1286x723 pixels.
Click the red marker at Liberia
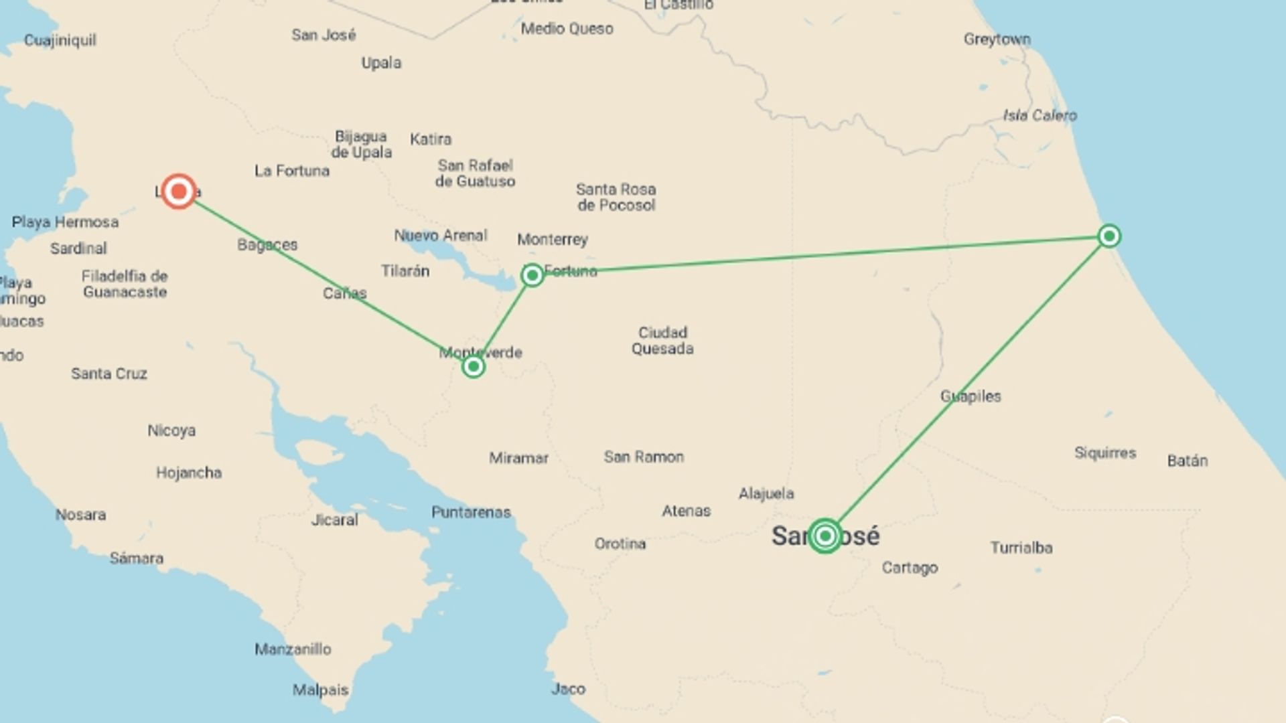click(179, 192)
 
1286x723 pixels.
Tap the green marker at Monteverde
click(474, 366)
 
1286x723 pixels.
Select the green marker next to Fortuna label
click(532, 275)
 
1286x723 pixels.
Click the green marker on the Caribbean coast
click(1109, 236)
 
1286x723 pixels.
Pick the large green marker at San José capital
click(825, 536)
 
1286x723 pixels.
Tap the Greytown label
click(997, 39)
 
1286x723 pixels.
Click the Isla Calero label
click(1040, 116)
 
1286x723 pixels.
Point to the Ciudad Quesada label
click(662, 341)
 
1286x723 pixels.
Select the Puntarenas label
click(471, 513)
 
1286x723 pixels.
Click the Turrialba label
click(1021, 548)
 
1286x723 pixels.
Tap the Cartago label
click(910, 568)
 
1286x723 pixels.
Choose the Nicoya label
click(171, 430)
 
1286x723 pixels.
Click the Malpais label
click(320, 690)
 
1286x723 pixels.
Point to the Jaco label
click(568, 689)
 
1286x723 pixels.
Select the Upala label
click(381, 63)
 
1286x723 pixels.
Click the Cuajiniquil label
click(60, 40)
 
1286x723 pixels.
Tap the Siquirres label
click(1105, 453)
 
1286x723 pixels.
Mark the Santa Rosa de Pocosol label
click(616, 197)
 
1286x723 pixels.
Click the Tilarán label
click(405, 271)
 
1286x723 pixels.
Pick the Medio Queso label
click(567, 29)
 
